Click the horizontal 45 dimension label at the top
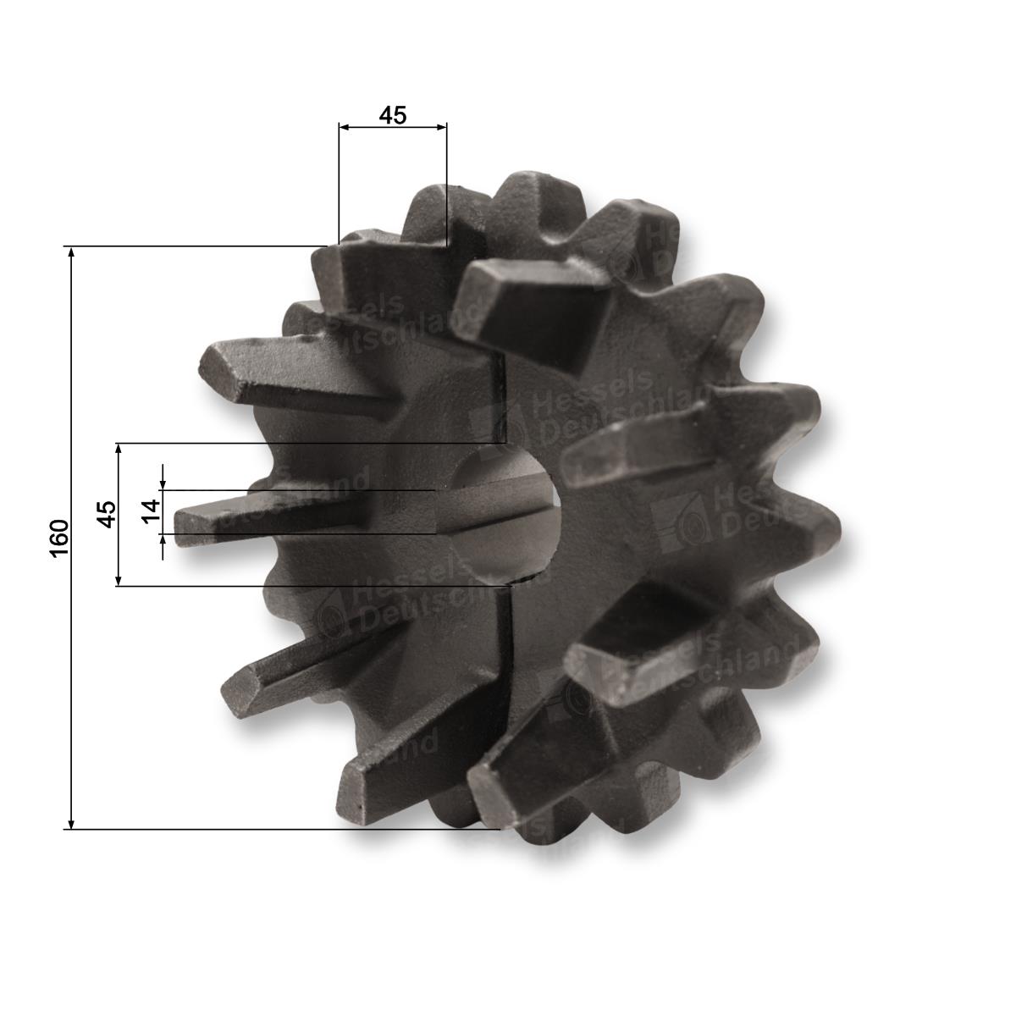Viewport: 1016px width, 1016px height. click(393, 115)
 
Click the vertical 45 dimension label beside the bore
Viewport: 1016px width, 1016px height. click(108, 514)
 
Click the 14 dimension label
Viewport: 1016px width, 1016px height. click(152, 511)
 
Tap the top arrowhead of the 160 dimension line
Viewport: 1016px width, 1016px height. click(72, 253)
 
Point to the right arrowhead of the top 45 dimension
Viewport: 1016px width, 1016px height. click(440, 127)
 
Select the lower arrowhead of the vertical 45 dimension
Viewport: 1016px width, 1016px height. click(119, 579)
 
